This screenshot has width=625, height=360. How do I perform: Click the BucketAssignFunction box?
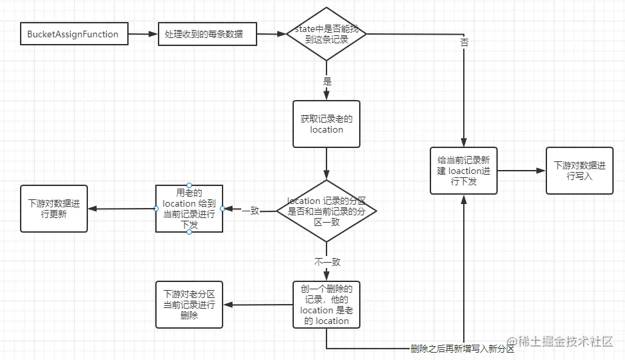[x=73, y=34]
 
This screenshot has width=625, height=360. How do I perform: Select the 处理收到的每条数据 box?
[x=207, y=34]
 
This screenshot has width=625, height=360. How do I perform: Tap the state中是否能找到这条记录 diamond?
[x=326, y=34]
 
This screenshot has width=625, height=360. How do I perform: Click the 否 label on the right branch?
[x=464, y=42]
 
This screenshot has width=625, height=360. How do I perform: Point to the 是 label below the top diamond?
[x=326, y=81]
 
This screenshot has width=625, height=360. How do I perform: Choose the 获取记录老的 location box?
[x=326, y=124]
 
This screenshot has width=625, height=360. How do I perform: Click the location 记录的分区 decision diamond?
[x=326, y=211]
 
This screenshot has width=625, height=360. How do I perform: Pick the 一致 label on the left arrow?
[x=251, y=210]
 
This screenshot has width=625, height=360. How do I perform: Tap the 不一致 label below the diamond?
[x=326, y=262]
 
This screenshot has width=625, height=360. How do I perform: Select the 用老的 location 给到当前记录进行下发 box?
[x=189, y=208]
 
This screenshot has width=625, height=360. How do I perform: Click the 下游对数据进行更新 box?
[x=54, y=209]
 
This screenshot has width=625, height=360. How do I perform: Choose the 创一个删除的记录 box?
[x=326, y=305]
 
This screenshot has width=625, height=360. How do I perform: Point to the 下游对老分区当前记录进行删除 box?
[x=189, y=305]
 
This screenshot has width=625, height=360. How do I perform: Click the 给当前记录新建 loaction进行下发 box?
[x=463, y=171]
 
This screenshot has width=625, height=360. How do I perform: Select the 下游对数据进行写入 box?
[x=579, y=171]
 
